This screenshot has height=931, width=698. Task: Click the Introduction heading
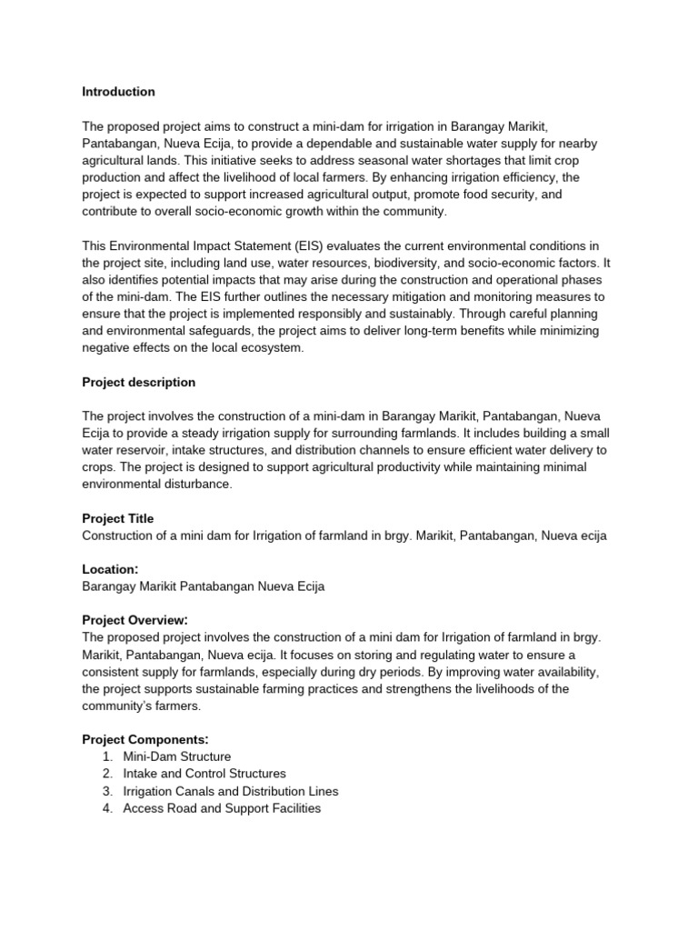point(118,92)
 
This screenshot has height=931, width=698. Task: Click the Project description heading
point(138,382)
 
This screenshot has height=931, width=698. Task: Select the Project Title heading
point(118,518)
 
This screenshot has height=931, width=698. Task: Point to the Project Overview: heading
point(136,619)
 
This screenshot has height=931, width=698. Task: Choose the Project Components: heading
point(145,739)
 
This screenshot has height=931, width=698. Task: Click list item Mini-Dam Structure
point(176,756)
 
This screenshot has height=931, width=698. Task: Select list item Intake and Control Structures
point(204,774)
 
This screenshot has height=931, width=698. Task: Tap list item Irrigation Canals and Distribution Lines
point(231,791)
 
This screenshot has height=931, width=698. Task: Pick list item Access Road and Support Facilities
point(222,808)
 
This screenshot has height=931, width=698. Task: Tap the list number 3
point(107,791)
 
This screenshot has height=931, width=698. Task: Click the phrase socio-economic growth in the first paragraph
point(250,211)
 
